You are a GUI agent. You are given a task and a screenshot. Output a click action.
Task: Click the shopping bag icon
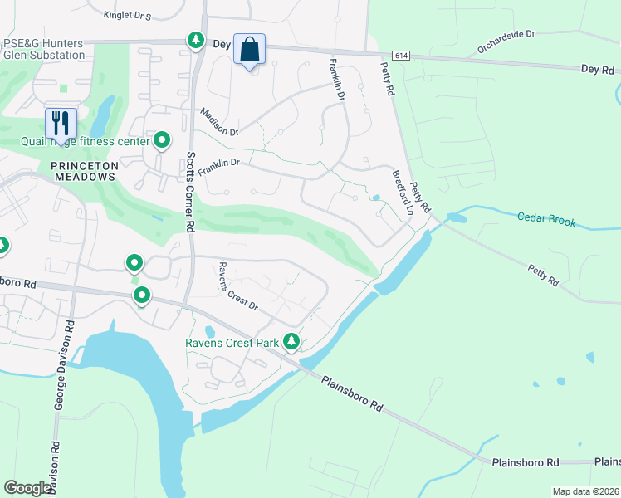point(249,50)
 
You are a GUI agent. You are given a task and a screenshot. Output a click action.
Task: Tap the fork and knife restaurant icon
point(61,124)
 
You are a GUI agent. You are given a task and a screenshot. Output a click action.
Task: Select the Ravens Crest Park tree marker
point(291,340)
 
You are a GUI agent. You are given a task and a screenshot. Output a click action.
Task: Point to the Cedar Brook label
point(545,218)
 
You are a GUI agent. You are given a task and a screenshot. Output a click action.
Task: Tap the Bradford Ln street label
point(402,194)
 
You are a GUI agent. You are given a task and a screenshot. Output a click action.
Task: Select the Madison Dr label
point(218,122)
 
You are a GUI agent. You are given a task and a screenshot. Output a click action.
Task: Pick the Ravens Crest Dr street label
point(238,286)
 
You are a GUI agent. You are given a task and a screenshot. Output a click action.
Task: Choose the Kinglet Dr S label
point(127,15)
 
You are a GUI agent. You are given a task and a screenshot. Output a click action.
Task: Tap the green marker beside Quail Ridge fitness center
point(162,140)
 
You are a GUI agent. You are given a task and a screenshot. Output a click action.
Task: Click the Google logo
point(27,488)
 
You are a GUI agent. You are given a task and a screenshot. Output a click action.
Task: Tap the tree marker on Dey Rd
point(196,40)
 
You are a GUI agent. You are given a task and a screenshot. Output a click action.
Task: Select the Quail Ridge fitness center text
point(86,141)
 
